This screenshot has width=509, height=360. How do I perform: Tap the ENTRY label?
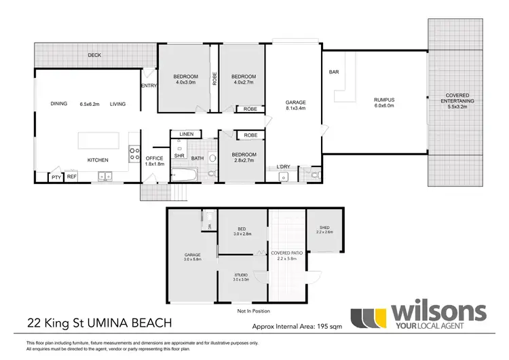(149, 86)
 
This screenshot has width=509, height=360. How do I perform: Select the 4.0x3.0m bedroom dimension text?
(185, 83)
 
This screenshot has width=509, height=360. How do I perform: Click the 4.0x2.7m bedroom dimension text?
(242, 83)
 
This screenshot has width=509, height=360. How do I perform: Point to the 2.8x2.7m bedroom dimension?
(242, 161)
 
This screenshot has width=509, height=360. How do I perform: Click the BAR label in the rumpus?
(334, 72)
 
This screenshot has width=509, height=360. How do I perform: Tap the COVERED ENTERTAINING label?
(459, 98)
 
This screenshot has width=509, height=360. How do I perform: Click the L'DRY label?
(284, 167)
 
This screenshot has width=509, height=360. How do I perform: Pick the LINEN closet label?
(185, 134)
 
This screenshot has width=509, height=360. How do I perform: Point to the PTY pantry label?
(56, 177)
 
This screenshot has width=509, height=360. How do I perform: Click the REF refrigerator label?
(71, 177)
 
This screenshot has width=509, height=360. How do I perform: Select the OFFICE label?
(154, 158)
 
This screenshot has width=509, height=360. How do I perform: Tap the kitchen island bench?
(104, 140)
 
